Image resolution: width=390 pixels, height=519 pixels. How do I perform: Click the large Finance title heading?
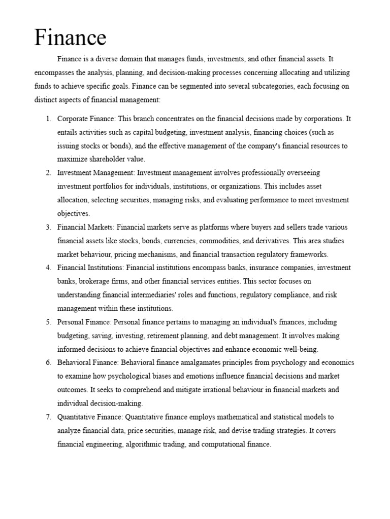70,38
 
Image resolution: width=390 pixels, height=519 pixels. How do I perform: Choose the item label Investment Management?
96,173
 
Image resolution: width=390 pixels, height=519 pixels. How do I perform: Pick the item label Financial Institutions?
91,268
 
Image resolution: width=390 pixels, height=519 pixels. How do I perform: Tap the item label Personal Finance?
85,322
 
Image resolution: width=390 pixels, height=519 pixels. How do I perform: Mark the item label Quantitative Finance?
90,417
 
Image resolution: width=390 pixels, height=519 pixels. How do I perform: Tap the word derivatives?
260,241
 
